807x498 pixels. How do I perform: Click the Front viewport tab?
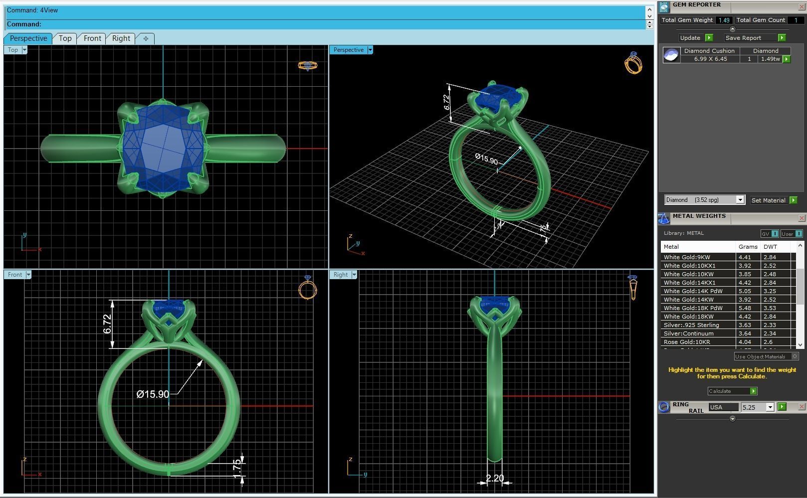[x=92, y=38]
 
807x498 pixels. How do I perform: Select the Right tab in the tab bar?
[x=121, y=38]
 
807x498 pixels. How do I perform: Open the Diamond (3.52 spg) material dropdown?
[x=740, y=200]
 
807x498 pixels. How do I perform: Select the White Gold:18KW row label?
[x=688, y=317]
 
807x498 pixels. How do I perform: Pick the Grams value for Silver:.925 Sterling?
[x=744, y=325]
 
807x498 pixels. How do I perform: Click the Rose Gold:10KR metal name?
[x=687, y=342]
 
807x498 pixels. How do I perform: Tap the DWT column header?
[x=770, y=247]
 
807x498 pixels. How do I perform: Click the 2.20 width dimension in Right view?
[x=494, y=478]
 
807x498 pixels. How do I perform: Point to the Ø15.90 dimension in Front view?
[x=153, y=394]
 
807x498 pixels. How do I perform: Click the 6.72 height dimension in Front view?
[x=107, y=324]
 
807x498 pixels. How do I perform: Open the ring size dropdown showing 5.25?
[x=770, y=407]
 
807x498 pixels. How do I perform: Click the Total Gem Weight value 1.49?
[x=724, y=20]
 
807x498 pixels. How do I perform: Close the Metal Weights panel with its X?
[x=801, y=218]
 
